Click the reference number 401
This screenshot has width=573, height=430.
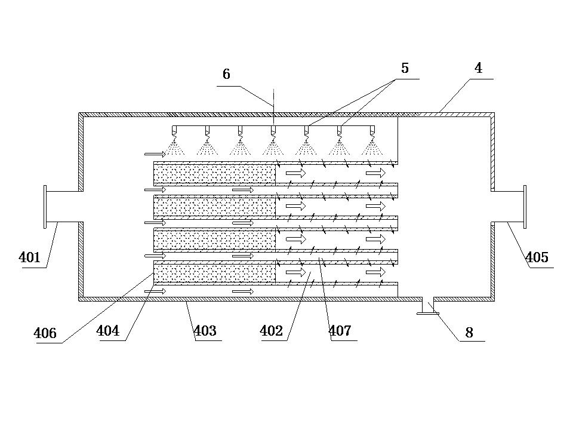pos(29,257)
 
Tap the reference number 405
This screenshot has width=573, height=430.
pos(537,257)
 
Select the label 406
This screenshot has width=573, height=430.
pos(45,333)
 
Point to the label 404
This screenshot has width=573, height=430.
pos(108,331)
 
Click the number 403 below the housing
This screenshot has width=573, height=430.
pos(205,331)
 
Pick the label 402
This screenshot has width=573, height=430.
pos(272,331)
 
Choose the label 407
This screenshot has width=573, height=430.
pos(340,331)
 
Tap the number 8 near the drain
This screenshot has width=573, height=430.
pos(469,333)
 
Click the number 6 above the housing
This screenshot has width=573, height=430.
pos(227,74)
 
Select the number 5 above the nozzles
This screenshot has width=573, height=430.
pos(405,68)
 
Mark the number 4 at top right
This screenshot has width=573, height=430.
pos(478,68)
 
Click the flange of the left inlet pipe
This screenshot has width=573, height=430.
pos(45,207)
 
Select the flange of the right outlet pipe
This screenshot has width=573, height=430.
pos(525,207)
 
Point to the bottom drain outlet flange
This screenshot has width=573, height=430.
pos(428,313)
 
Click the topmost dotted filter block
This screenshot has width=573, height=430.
pos(214,174)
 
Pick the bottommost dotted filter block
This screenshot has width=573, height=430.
pos(214,274)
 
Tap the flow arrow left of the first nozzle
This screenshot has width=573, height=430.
pos(155,154)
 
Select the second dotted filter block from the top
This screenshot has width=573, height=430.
pos(214,207)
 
